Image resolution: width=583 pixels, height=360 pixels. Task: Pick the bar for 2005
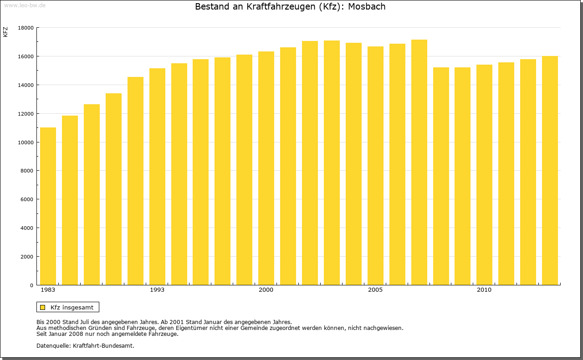tap(375, 166)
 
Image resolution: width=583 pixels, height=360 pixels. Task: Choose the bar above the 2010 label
tap(484, 175)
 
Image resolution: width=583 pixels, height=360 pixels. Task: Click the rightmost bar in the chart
tap(550, 171)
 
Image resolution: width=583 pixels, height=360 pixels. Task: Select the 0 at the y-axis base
tap(32, 285)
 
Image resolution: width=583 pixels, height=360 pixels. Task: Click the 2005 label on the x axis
tap(375, 290)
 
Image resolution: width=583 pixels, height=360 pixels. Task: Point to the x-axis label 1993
tap(157, 290)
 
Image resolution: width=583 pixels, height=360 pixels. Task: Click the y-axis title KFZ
tap(5, 32)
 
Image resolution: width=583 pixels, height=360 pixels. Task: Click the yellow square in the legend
tap(42, 307)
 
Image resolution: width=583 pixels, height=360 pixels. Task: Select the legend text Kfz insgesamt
tap(72, 307)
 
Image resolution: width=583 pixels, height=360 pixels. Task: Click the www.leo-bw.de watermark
tap(24, 5)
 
